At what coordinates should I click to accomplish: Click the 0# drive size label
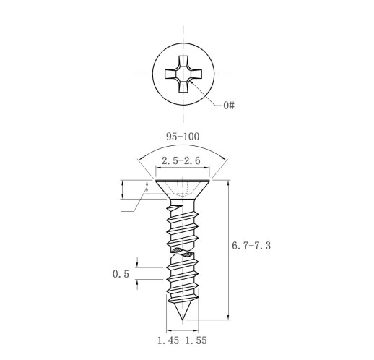tap(229, 106)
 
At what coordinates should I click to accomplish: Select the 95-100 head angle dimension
tap(183, 137)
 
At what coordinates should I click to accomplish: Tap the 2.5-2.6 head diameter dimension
tap(181, 160)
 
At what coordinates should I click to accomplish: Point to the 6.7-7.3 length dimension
tap(251, 246)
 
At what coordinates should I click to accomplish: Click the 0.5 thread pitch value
tap(121, 274)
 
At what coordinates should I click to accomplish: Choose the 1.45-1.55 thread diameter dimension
tap(182, 340)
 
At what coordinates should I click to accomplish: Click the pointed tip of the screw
tap(183, 320)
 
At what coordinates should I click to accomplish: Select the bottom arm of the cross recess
tap(183, 87)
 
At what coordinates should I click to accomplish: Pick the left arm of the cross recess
tap(171, 74)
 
